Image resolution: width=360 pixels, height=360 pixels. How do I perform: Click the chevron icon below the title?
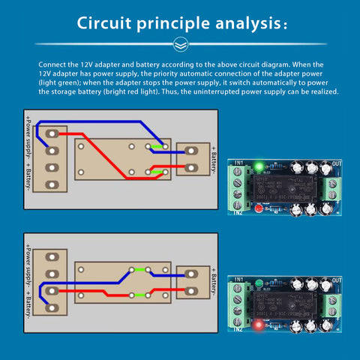pos(180,44)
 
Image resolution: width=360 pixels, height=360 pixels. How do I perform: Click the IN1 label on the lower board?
pos(240,279)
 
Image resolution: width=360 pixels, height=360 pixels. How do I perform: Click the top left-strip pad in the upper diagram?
pos(51,133)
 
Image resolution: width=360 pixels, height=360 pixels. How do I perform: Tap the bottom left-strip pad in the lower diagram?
pos(51,307)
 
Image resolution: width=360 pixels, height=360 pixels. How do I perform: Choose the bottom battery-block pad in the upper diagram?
pos(190,168)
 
